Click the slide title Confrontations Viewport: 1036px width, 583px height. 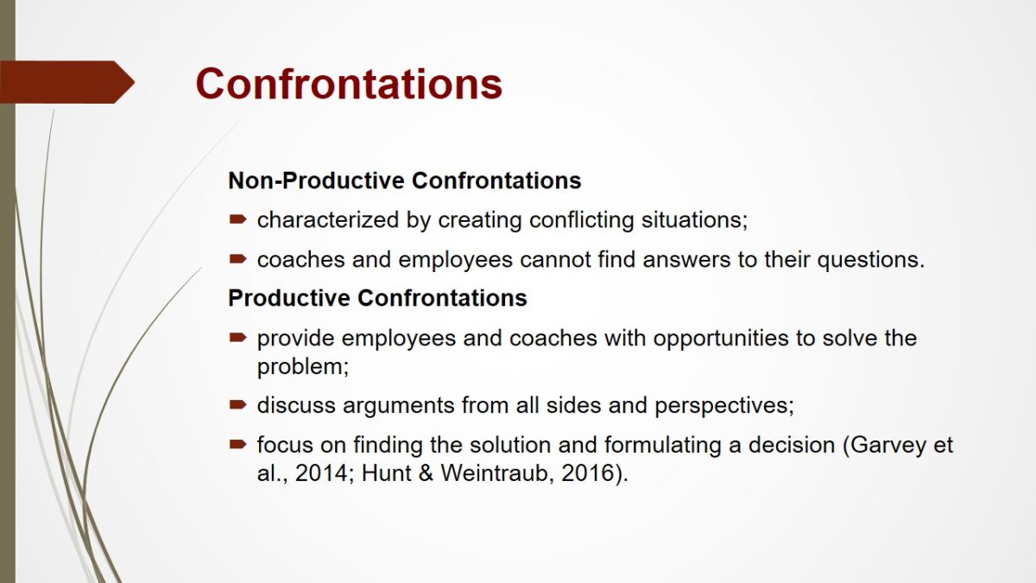point(349,84)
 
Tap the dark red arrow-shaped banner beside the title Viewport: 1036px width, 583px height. point(67,82)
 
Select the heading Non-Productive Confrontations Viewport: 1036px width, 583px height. point(405,181)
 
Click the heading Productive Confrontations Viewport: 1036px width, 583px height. point(377,298)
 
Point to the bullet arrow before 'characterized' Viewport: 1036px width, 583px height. point(237,219)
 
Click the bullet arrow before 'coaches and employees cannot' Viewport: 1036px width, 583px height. point(237,259)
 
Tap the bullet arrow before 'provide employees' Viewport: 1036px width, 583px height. point(237,338)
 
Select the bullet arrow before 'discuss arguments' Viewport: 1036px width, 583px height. point(237,405)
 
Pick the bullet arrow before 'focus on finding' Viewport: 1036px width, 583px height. point(237,445)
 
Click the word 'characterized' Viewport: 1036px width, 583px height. point(328,219)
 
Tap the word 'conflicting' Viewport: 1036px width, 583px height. point(581,220)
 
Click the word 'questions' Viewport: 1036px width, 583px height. point(868,261)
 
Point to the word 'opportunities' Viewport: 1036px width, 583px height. point(721,339)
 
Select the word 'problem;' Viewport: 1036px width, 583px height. point(303,368)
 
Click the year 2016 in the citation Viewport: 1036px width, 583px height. point(587,473)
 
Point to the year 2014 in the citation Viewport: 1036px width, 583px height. point(321,473)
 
